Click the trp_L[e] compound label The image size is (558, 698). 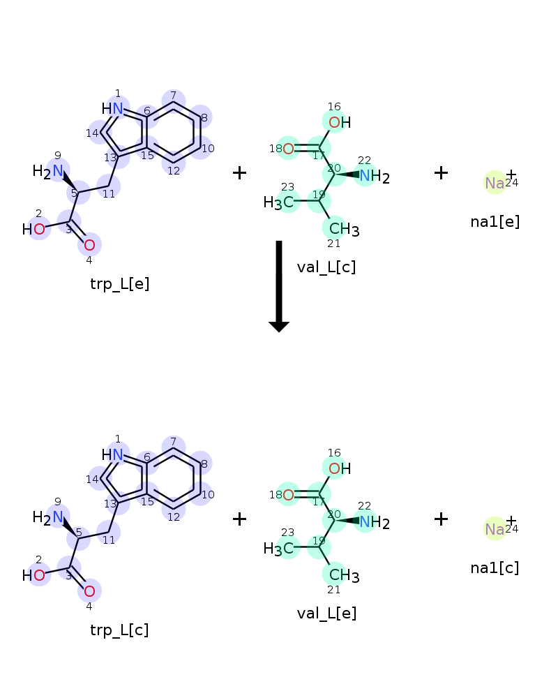tap(119, 284)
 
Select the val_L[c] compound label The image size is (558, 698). tap(326, 267)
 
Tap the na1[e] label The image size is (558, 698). tap(495, 223)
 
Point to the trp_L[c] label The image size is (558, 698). tap(119, 630)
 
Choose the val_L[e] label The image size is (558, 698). tap(326, 614)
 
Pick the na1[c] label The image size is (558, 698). tap(495, 568)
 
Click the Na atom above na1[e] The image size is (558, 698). tap(495, 183)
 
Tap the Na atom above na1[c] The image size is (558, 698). tap(495, 529)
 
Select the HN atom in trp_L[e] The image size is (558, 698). tap(113, 108)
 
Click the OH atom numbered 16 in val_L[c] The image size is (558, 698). tap(338, 123)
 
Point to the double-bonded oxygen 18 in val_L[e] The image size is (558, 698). tap(287, 495)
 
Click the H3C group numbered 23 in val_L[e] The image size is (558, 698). tap(282, 549)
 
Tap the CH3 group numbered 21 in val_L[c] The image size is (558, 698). tap(342, 229)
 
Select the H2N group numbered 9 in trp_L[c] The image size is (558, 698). tap(49, 517)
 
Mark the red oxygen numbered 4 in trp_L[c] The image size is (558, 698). tap(89, 591)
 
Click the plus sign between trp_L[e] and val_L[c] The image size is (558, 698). tap(239, 172)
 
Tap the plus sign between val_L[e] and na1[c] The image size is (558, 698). tap(441, 519)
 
